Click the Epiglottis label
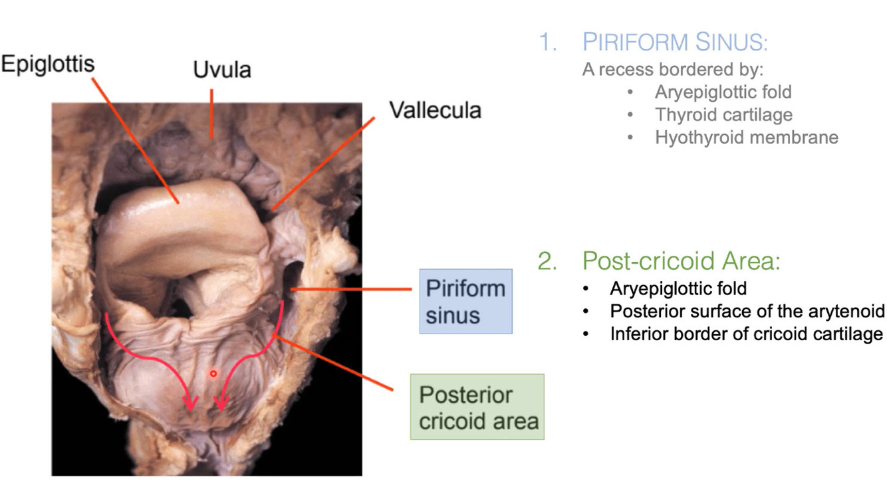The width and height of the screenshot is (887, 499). point(48,64)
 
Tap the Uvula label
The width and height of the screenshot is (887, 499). point(222,70)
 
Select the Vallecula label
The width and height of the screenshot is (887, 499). point(435,110)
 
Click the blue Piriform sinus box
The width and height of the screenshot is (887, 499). point(465,301)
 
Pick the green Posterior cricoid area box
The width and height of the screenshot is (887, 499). point(477,407)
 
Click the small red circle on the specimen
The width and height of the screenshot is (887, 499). point(213,374)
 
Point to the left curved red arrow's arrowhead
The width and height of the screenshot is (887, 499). point(192,403)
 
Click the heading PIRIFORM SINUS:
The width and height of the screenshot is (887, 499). point(675,43)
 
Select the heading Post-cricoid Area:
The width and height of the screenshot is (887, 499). point(681,261)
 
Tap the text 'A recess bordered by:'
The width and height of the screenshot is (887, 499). point(673,69)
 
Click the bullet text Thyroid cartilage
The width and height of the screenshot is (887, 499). point(723,114)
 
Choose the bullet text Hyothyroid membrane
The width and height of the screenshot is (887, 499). point(746,138)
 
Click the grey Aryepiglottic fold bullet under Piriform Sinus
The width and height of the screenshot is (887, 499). point(723,92)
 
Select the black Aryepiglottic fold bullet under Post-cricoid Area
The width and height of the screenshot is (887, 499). point(678,289)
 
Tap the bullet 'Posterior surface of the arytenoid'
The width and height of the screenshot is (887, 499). point(747,311)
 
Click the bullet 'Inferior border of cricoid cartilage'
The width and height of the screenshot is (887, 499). point(746,334)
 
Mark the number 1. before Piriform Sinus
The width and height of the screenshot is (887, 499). point(547,43)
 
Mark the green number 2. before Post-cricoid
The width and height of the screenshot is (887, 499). point(547,261)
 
